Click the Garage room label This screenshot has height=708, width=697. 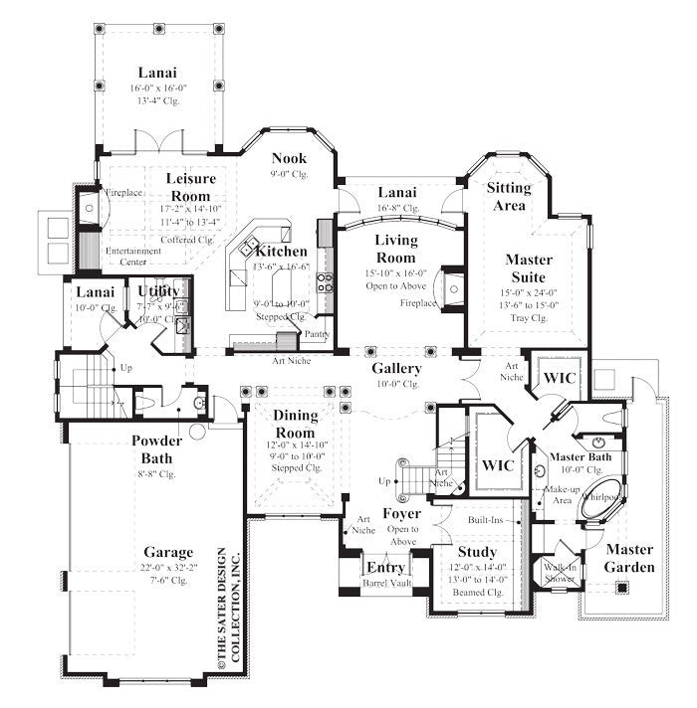click(x=167, y=552)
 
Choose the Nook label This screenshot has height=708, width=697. click(x=289, y=158)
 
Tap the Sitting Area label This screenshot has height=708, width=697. click(x=508, y=195)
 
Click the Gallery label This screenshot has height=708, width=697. click(x=398, y=368)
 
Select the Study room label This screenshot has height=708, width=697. click(x=477, y=552)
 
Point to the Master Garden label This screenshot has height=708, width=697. click(x=630, y=558)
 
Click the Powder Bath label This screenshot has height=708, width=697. click(x=157, y=449)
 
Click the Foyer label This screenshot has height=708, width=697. click(x=402, y=514)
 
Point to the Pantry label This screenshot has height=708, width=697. click(x=317, y=334)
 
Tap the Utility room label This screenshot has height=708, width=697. click(x=158, y=290)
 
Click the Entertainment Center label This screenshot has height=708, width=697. click(x=133, y=257)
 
